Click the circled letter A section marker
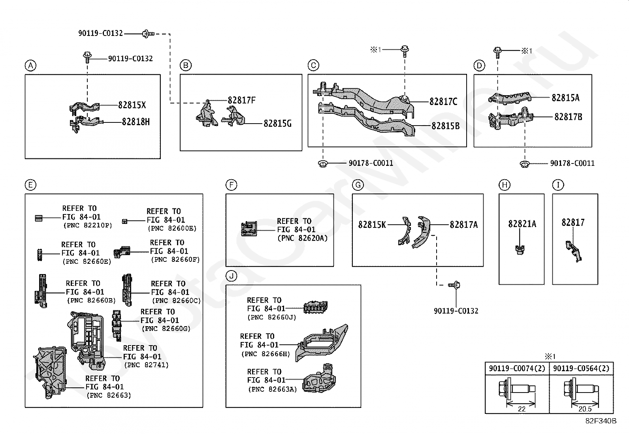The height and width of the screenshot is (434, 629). tap(30, 66)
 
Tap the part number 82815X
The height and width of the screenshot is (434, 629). tap(132, 105)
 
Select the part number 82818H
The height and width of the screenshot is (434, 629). tap(136, 122)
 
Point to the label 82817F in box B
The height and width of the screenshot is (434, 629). tap(241, 100)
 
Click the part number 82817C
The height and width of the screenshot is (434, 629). tap(443, 101)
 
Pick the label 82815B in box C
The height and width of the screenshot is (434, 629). tap(446, 126)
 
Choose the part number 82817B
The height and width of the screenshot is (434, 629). tap(568, 117)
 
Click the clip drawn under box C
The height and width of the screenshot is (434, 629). tap(323, 163)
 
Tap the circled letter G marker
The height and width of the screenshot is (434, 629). tap(358, 185)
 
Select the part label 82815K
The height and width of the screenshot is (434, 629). tap(372, 225)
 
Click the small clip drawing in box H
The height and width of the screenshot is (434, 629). tap(520, 250)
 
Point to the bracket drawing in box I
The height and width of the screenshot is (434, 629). tap(574, 251)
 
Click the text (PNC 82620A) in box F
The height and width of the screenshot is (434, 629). tap(302, 239)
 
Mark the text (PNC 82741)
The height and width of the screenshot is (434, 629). tap(146, 365)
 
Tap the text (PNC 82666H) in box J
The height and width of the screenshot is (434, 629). tap(266, 354)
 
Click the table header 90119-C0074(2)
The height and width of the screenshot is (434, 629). tap(517, 368)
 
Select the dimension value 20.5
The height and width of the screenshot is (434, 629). tap(585, 409)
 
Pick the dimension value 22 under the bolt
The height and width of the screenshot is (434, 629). tap(522, 409)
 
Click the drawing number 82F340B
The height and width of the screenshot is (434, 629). tap(601, 421)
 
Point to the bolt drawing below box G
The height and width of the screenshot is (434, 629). tap(454, 285)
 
